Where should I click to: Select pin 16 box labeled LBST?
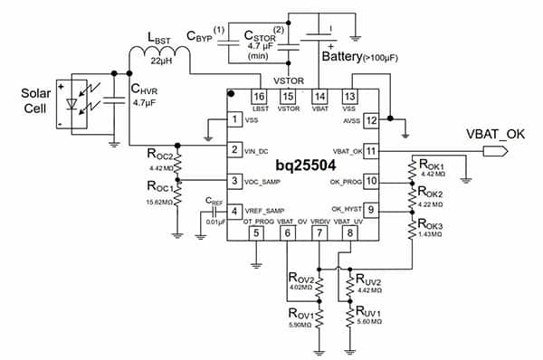259,96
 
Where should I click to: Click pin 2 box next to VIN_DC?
235,149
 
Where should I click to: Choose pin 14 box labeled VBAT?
319,96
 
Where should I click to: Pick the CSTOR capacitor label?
263,36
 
